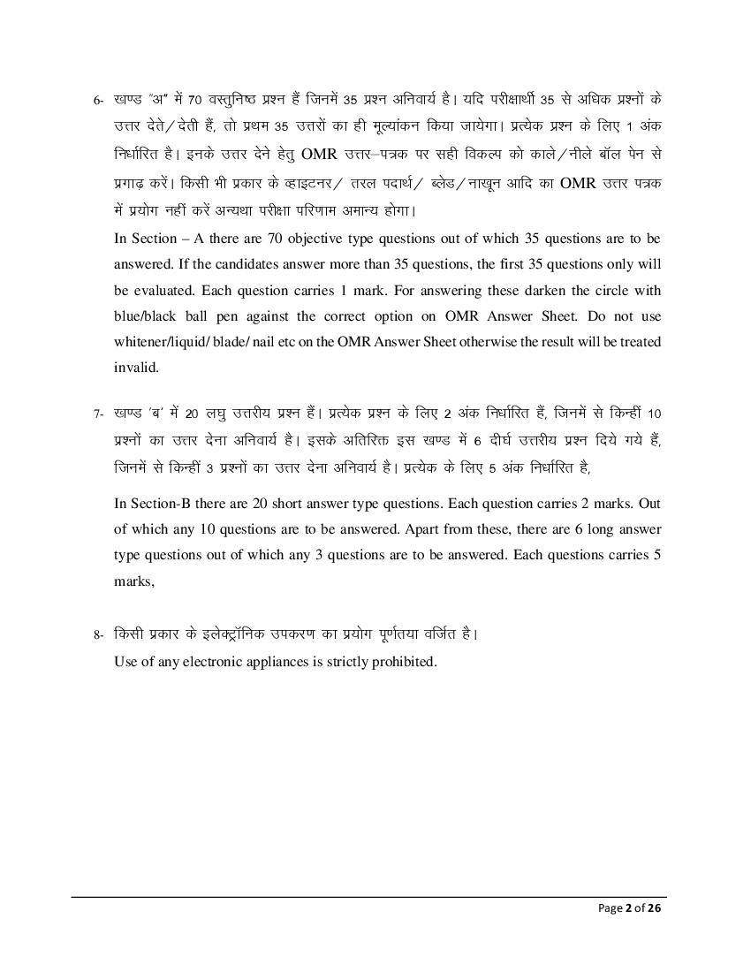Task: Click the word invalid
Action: pyautogui.click(x=136, y=367)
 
